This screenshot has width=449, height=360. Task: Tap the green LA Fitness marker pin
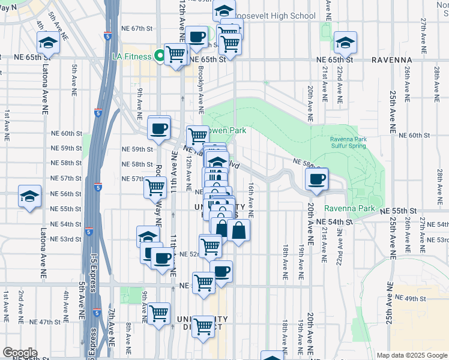point(160,56)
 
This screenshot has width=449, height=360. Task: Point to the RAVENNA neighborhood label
point(391,60)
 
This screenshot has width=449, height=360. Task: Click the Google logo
point(20,353)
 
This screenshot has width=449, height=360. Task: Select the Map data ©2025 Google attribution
point(411,355)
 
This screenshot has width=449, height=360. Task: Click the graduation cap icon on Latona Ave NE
point(48,43)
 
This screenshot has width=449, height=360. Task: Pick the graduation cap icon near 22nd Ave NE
point(345,42)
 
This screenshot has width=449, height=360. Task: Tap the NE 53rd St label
point(66,239)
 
